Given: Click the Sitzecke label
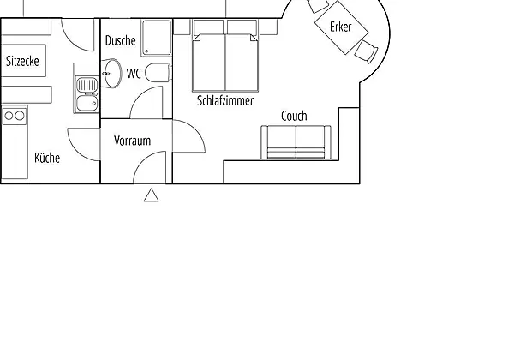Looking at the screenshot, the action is pos(22,61).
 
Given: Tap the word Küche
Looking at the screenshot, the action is pos(47,158).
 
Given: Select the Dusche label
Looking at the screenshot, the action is pos(120,40).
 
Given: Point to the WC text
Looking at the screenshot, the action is pos(134,74).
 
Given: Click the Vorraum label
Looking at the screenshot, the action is pos(133,141).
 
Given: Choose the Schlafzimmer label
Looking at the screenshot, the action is pos(225,100).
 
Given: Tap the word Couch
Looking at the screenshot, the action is pos(294,116).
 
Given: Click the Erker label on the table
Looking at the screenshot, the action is pos(341,27).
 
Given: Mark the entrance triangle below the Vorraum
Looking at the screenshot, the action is pos(152,195).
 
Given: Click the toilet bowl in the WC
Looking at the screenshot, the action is pos(158,73).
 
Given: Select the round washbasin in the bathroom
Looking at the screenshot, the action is pos(111,74).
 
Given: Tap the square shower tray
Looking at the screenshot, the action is pos(157,38).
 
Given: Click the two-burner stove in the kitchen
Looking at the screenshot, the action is pos(15,116).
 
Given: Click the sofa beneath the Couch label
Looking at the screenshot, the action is pos(296,142).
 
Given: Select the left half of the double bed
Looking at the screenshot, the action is pos(209,63).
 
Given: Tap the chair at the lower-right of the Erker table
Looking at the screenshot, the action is pos(366,51).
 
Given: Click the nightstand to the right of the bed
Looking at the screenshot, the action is pos(269,27).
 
